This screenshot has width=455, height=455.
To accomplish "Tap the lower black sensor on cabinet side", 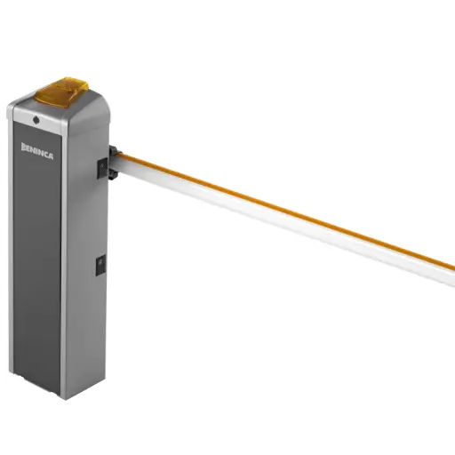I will [100, 263].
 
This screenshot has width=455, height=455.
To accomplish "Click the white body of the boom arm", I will [284, 222].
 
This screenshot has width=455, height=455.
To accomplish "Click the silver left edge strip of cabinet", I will [11, 249].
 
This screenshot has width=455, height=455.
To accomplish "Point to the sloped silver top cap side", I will [89, 116].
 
